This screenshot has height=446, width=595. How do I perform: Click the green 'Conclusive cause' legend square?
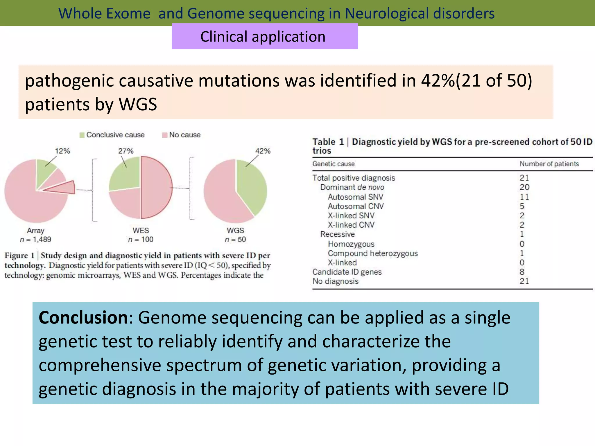[x=82, y=135]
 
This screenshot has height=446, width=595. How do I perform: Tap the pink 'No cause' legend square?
[x=165, y=135]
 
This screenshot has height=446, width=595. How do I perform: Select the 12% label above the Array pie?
[x=62, y=151]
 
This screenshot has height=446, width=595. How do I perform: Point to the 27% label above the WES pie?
[x=126, y=151]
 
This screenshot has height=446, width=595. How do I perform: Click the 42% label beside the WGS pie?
[x=263, y=151]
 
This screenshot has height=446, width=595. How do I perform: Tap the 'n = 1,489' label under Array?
[x=35, y=240]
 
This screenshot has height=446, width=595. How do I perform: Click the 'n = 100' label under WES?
[x=141, y=240]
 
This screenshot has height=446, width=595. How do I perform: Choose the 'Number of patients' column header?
[x=549, y=164]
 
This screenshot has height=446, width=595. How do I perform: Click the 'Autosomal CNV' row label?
[x=356, y=206]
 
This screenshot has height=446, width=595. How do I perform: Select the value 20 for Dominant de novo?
[x=524, y=187]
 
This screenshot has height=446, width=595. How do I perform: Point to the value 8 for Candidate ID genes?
[x=522, y=272]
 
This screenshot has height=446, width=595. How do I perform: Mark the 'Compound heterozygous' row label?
[x=373, y=253]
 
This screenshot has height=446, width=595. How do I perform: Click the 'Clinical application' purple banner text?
[x=263, y=37]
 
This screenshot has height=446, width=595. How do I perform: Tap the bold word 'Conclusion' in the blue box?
[x=83, y=318]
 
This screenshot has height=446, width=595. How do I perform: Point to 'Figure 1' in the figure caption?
[x=19, y=256]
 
